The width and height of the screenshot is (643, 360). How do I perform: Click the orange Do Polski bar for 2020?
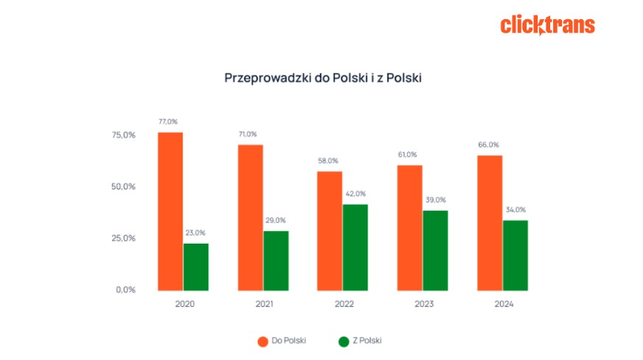[170, 211]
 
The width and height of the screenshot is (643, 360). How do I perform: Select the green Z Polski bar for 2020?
[196, 266]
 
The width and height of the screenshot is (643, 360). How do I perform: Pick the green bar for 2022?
[355, 247]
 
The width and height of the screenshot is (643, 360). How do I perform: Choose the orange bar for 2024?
[490, 222]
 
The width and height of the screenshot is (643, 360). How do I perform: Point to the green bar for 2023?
[435, 250]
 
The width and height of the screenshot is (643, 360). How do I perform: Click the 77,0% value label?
[167, 121]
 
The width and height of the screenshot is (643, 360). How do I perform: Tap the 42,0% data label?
[355, 194]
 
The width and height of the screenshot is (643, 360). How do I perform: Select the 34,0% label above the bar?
[516, 210]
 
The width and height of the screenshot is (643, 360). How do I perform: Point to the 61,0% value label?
[407, 155]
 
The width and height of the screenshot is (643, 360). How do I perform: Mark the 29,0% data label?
[275, 220]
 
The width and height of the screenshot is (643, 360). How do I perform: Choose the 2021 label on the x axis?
[263, 305]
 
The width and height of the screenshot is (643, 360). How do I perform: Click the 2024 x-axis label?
[503, 305]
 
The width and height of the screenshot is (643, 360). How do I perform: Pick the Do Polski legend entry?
[281, 340]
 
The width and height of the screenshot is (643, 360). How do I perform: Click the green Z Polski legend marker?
[343, 341]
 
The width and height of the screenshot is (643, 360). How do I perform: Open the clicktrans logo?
[547, 25]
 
